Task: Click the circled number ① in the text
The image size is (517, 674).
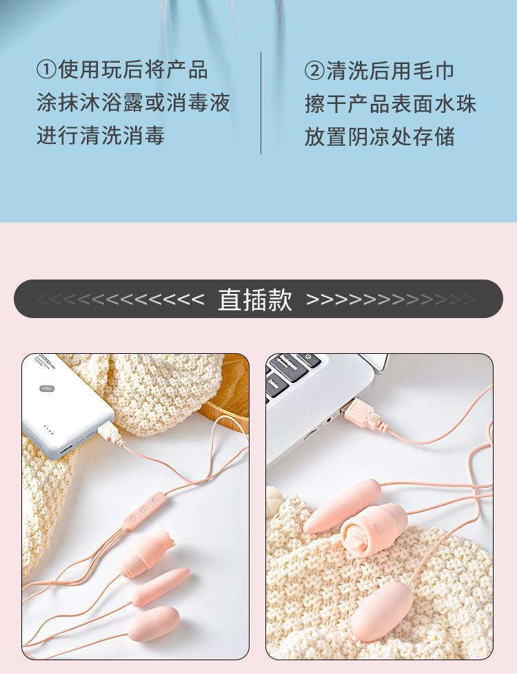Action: tap(47, 70)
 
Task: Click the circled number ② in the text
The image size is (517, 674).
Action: tap(314, 70)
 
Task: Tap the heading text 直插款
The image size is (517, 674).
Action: tap(255, 299)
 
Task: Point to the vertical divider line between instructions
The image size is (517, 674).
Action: tap(261, 103)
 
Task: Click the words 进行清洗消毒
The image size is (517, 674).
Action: tap(101, 136)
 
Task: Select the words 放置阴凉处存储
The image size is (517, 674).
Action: tap(380, 137)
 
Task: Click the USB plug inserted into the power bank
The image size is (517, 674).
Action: tap(110, 434)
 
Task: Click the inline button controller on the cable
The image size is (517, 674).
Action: tap(145, 511)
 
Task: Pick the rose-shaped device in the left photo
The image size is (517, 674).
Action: tap(146, 551)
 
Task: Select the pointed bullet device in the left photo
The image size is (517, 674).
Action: tap(160, 587)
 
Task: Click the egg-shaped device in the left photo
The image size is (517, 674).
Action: tap(153, 623)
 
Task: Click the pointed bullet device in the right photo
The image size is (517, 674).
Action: tap(342, 505)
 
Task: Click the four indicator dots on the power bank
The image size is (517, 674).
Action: tap(49, 429)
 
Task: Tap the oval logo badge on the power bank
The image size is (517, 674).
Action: tap(47, 389)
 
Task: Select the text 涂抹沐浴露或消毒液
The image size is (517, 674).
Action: tap(134, 103)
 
